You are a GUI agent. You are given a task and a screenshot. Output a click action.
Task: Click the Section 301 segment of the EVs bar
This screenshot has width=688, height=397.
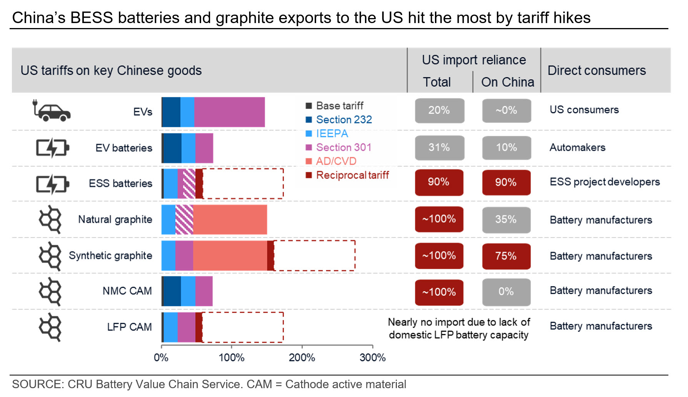(x=229, y=112)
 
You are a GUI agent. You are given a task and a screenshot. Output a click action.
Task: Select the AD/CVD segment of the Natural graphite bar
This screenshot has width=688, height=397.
(x=230, y=219)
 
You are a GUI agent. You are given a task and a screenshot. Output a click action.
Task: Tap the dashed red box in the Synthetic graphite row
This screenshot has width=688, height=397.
(x=314, y=256)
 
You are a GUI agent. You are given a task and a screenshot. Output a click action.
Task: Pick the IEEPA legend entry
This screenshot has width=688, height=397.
(x=332, y=133)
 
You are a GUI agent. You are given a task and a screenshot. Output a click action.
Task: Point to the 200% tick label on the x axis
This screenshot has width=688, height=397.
(x=302, y=357)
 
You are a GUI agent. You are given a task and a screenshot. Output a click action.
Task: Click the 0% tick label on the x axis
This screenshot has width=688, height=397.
(x=161, y=357)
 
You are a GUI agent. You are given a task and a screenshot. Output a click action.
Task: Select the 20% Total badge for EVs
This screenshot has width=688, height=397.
(x=439, y=110)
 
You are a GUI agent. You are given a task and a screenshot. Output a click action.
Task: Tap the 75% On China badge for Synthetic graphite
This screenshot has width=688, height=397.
(x=506, y=256)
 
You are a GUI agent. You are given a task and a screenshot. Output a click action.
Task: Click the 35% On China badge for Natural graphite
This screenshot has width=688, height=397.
(x=506, y=219)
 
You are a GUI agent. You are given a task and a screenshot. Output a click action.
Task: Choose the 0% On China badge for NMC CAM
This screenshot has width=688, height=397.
(x=506, y=292)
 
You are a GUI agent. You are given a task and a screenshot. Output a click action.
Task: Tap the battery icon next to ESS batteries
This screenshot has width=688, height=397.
(x=52, y=184)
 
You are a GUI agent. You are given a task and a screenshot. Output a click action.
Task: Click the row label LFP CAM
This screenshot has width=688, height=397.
(x=129, y=327)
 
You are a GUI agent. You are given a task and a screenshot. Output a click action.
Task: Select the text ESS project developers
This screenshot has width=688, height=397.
(x=605, y=182)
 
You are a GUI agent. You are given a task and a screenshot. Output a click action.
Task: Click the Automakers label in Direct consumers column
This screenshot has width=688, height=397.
(x=577, y=148)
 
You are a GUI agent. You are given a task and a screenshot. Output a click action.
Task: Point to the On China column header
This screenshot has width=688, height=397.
(x=507, y=82)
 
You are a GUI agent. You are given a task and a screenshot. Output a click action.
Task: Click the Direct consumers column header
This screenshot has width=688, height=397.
(x=596, y=70)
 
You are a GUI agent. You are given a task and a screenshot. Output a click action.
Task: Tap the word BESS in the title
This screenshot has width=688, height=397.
(x=92, y=18)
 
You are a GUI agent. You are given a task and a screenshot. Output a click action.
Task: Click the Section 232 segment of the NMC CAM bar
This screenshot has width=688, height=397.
(x=172, y=291)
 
